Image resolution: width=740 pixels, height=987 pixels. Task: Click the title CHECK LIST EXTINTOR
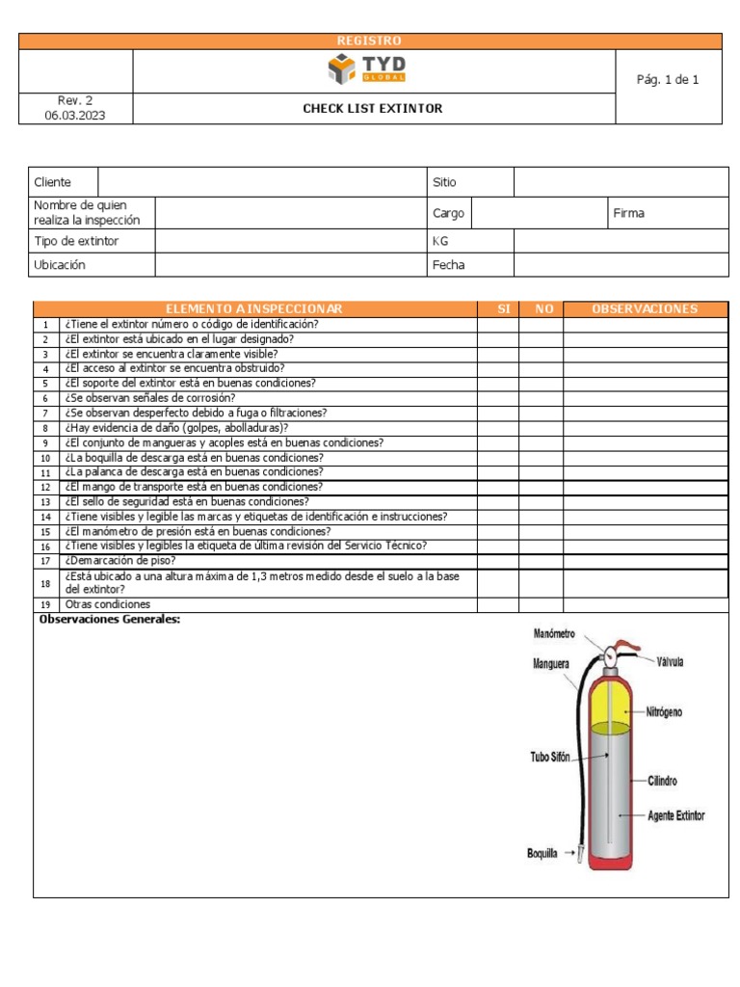(373, 109)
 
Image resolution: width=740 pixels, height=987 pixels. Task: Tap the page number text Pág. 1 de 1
(668, 80)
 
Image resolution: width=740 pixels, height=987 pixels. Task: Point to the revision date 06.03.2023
(75, 116)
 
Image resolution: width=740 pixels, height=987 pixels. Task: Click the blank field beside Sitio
(621, 182)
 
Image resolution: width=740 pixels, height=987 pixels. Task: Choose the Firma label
(629, 213)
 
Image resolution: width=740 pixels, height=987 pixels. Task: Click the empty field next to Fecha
(621, 265)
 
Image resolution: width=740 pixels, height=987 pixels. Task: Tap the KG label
(440, 241)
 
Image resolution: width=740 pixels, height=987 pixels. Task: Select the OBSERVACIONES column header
(646, 308)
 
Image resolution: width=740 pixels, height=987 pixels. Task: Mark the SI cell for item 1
(497, 324)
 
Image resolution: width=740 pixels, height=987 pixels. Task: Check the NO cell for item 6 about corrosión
(541, 398)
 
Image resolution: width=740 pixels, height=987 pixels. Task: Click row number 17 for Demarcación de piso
(44, 561)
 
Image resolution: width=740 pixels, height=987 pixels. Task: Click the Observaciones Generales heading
(109, 620)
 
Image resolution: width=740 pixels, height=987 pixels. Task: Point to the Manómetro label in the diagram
(554, 633)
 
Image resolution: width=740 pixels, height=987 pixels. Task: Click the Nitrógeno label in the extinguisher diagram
(665, 712)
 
